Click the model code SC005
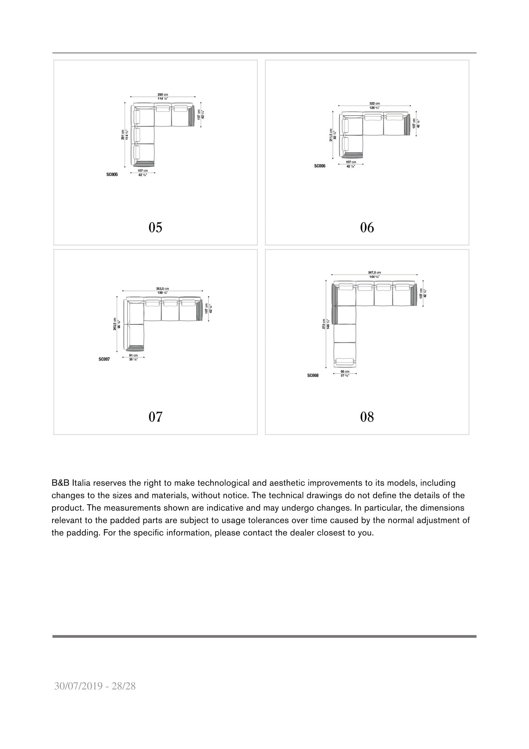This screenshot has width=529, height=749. [112, 175]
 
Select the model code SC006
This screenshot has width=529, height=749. [319, 166]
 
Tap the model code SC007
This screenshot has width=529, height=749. [104, 359]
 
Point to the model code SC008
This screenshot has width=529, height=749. [313, 376]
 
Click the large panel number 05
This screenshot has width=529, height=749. [155, 227]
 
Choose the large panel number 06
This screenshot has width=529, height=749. [367, 227]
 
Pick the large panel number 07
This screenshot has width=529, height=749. [155, 417]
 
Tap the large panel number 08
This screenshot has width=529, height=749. [367, 417]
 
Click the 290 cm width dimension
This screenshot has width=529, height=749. [162, 94]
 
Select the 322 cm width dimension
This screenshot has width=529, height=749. [374, 103]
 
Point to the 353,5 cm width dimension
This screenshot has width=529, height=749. [162, 289]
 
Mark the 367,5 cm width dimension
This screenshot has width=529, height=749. [374, 273]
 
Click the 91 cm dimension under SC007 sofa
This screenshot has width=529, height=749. [133, 355]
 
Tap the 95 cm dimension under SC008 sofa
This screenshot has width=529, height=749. [345, 371]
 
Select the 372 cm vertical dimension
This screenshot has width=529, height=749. [324, 324]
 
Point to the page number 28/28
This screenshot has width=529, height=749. [124, 686]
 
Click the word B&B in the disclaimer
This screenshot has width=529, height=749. [60, 483]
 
